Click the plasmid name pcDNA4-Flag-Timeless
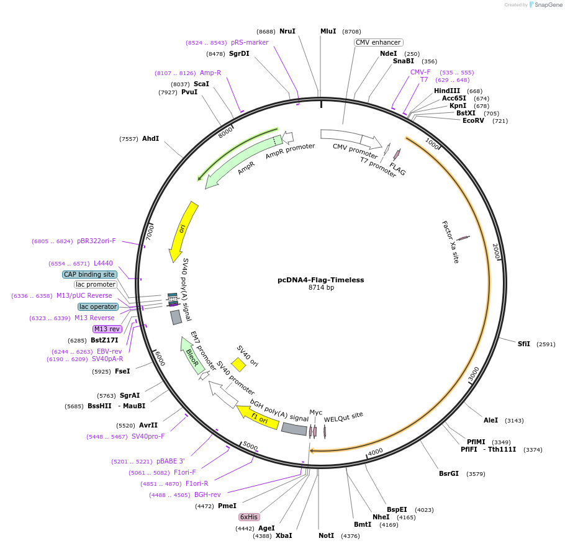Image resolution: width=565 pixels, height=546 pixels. click(x=320, y=280)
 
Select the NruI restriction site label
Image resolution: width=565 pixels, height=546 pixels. click(x=287, y=31)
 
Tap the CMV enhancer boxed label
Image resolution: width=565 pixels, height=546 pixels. click(x=378, y=42)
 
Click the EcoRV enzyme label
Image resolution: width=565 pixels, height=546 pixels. click(x=473, y=120)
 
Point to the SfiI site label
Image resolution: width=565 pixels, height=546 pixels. click(x=524, y=344)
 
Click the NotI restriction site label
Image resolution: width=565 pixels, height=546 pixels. click(x=326, y=535)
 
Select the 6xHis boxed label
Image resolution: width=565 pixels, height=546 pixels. click(x=249, y=517)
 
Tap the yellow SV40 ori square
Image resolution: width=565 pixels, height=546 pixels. click(x=238, y=364)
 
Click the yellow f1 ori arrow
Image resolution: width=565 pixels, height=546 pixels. click(x=257, y=417)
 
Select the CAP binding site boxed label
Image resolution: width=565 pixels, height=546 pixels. click(x=89, y=274)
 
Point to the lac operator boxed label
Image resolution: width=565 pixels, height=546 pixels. click(x=97, y=307)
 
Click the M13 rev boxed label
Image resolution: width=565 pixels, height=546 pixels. click(x=107, y=329)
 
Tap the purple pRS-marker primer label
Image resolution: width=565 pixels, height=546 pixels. click(x=250, y=42)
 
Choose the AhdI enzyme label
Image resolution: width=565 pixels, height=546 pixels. click(x=150, y=138)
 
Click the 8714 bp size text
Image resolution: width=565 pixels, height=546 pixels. click(x=321, y=288)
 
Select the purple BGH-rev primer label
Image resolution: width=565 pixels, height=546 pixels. click(x=207, y=495)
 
